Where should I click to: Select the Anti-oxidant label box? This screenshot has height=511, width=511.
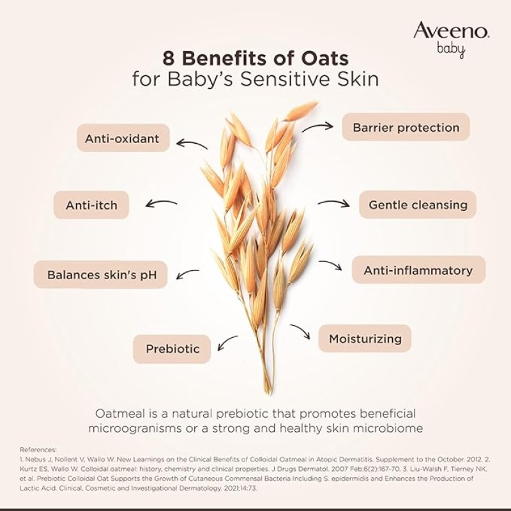(123, 137)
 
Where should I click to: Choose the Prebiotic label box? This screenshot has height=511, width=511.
(172, 349)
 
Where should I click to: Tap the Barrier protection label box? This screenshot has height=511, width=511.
(406, 127)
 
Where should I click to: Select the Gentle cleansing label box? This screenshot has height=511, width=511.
(418, 205)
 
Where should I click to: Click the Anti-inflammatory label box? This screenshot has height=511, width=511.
(418, 270)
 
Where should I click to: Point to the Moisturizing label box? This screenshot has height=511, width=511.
(365, 339)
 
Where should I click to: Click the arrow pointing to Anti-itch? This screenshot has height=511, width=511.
(162, 204)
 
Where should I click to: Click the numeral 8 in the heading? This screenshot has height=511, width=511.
(152, 60)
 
